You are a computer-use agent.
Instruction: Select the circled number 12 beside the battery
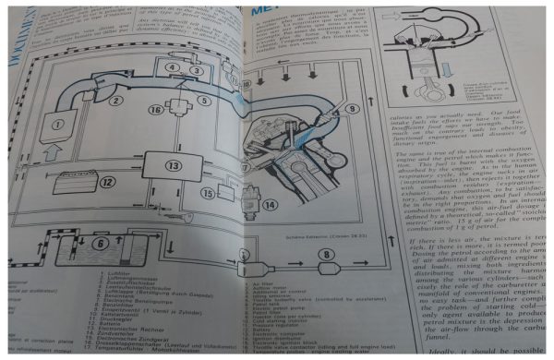click(x=108, y=182)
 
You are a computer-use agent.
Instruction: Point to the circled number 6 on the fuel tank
click(x=101, y=243)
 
